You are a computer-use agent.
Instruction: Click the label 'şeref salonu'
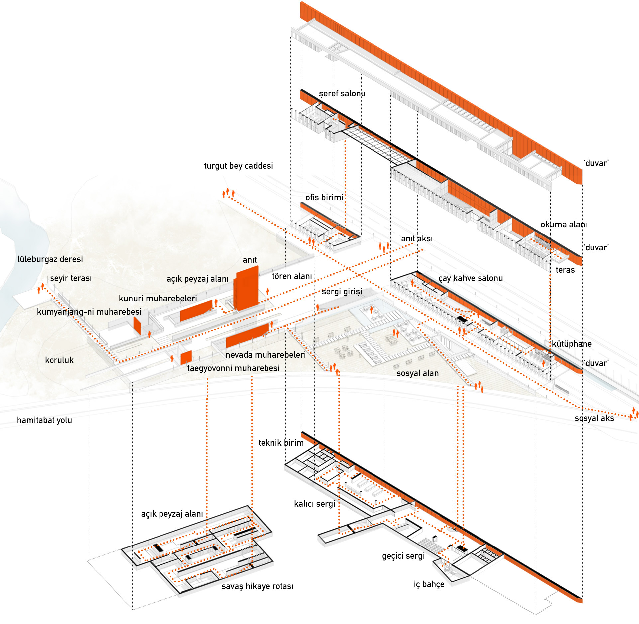[342, 94]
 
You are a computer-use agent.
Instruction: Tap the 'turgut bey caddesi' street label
[238, 166]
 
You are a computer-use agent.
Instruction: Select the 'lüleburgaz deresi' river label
[50, 259]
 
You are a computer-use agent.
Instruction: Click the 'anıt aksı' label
[417, 239]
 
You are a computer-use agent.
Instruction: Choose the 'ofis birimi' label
[324, 197]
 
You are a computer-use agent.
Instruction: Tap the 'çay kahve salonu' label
[470, 278]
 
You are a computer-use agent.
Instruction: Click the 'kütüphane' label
[572, 344]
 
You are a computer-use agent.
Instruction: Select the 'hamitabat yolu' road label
[44, 420]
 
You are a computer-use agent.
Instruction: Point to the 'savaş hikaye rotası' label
[257, 586]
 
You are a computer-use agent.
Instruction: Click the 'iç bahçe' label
[429, 584]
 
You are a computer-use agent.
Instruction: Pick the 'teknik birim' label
[281, 443]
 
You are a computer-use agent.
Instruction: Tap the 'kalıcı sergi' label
[314, 504]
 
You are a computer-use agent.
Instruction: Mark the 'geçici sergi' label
[403, 556]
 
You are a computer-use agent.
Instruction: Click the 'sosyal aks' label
[594, 418]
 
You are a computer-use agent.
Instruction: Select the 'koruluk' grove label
[59, 360]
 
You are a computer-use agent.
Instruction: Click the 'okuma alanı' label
[564, 224]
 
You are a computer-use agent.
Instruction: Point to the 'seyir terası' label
[71, 278]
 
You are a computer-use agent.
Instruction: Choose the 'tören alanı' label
[292, 276]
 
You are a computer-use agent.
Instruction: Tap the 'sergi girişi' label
[342, 291]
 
